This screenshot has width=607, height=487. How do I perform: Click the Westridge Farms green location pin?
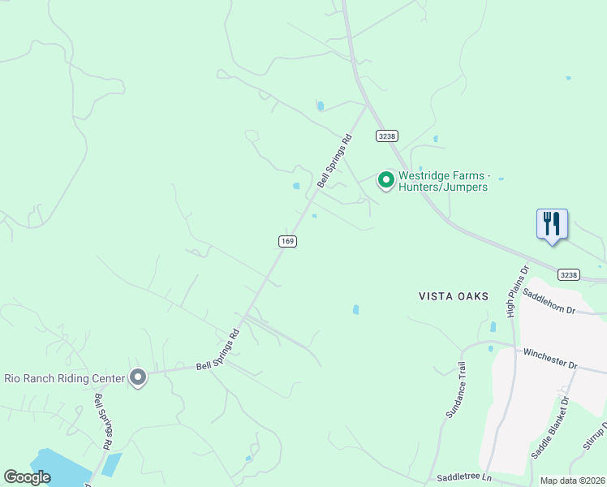pos(387,179)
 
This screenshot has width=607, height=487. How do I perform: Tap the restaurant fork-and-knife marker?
pos(552,223)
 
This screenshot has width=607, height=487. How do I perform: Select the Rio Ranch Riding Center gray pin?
pos(138,377)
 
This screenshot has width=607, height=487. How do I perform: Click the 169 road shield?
pos(286,241)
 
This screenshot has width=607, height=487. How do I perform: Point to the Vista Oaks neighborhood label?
pos(454,296)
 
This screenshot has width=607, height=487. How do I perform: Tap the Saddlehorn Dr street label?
pos(549,300)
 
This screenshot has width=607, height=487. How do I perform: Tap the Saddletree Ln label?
pos(464,478)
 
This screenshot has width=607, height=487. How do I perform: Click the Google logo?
pos(27,477)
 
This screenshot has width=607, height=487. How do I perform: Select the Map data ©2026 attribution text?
pos(572,481)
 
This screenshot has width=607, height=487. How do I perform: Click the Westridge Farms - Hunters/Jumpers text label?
pos(443,181)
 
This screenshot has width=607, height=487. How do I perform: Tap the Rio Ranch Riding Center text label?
pos(65,378)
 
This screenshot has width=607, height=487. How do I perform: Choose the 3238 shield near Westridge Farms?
pos(386,136)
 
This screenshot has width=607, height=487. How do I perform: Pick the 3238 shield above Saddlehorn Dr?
pos(569,275)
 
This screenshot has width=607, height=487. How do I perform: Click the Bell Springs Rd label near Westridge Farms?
pos(335,161)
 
